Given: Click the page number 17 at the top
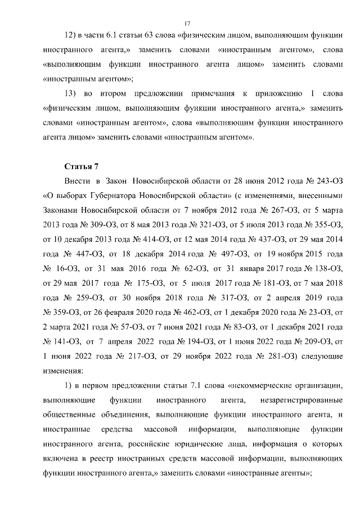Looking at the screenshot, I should pos(187,23).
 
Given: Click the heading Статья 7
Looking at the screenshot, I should pos(82,166).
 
